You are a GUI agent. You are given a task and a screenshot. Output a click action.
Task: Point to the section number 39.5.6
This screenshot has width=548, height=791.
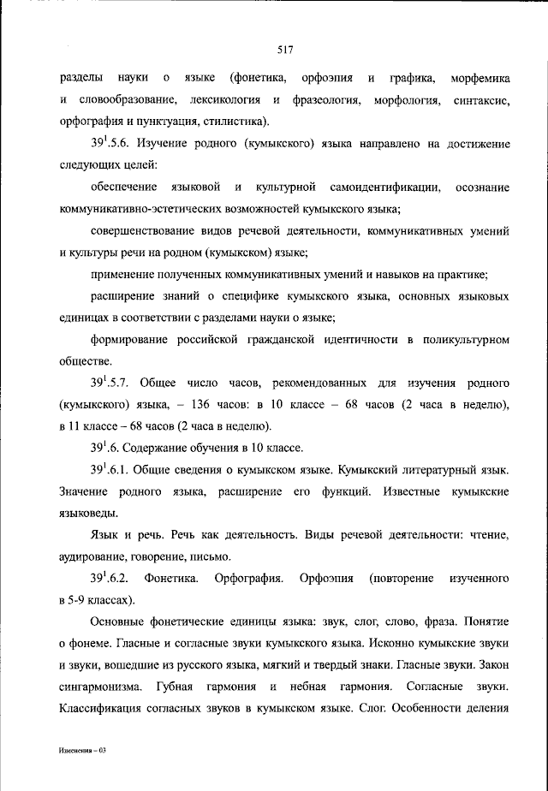(x=111, y=143)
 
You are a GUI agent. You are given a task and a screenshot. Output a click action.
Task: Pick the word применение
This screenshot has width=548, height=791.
(x=121, y=275)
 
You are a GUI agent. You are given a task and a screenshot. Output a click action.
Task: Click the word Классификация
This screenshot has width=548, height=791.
(x=103, y=709)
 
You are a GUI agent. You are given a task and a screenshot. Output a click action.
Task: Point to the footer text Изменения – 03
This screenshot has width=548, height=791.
(x=82, y=750)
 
